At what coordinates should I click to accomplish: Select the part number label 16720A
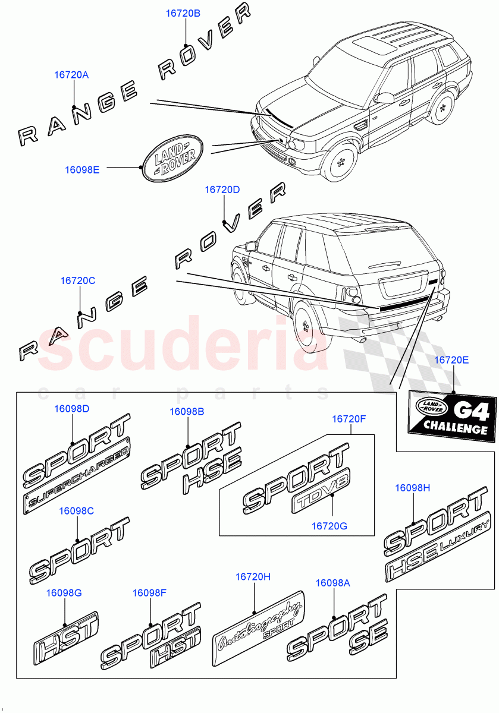point(71,75)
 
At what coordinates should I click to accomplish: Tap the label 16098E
point(81,169)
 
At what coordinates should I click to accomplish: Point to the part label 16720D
point(222,190)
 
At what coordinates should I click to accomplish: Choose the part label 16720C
point(77,280)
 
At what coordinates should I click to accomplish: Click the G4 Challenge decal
point(453,413)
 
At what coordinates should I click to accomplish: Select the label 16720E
point(451,360)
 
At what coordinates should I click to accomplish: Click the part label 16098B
point(187,411)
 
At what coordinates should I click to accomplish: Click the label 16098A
point(332,583)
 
